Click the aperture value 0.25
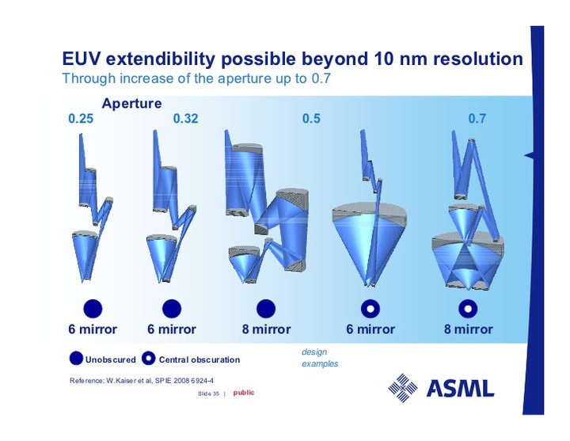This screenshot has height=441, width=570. (x=81, y=119)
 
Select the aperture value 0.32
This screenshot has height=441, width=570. (x=185, y=119)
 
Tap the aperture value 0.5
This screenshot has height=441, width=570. (x=311, y=119)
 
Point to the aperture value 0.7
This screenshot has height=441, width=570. (x=477, y=119)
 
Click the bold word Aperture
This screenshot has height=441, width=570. (x=131, y=104)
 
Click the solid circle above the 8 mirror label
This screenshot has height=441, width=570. (x=266, y=309)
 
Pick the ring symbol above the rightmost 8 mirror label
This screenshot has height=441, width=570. (x=468, y=309)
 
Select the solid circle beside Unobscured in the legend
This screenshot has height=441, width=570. (x=76, y=359)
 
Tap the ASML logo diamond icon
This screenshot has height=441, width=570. (x=402, y=388)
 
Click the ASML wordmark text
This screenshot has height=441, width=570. (x=460, y=388)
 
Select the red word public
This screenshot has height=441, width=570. (x=244, y=393)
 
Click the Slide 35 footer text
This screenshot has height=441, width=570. (x=208, y=393)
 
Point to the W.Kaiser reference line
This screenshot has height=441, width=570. (x=142, y=381)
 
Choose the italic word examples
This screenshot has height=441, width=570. (x=320, y=363)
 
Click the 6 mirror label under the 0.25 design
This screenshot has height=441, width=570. (x=93, y=329)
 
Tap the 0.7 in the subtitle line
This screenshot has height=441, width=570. (x=321, y=78)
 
